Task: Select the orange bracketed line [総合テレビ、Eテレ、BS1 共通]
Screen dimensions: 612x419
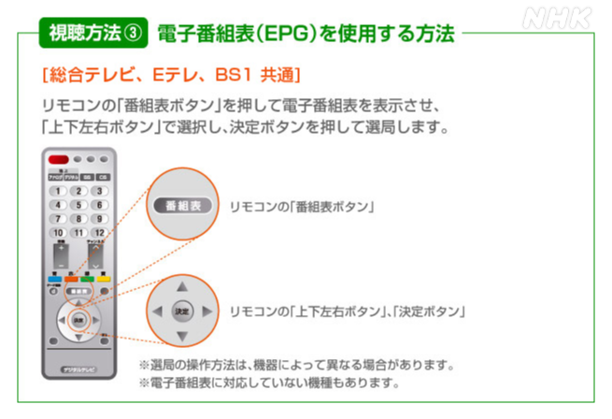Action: (x=170, y=73)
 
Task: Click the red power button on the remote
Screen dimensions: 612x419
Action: (x=58, y=160)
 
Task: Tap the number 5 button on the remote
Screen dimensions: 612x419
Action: (x=78, y=204)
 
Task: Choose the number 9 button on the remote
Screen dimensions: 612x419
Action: (x=98, y=218)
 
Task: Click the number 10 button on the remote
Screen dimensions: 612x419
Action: (x=58, y=232)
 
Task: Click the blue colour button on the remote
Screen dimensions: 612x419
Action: (x=57, y=278)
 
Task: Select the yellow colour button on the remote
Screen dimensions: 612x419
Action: (x=101, y=278)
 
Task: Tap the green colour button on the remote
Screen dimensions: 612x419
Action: (x=86, y=278)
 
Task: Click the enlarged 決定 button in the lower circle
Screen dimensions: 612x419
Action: (x=182, y=310)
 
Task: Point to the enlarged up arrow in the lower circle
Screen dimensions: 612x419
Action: (x=182, y=284)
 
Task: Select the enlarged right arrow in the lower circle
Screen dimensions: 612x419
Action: (x=207, y=310)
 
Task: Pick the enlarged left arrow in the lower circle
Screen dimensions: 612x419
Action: (x=157, y=310)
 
